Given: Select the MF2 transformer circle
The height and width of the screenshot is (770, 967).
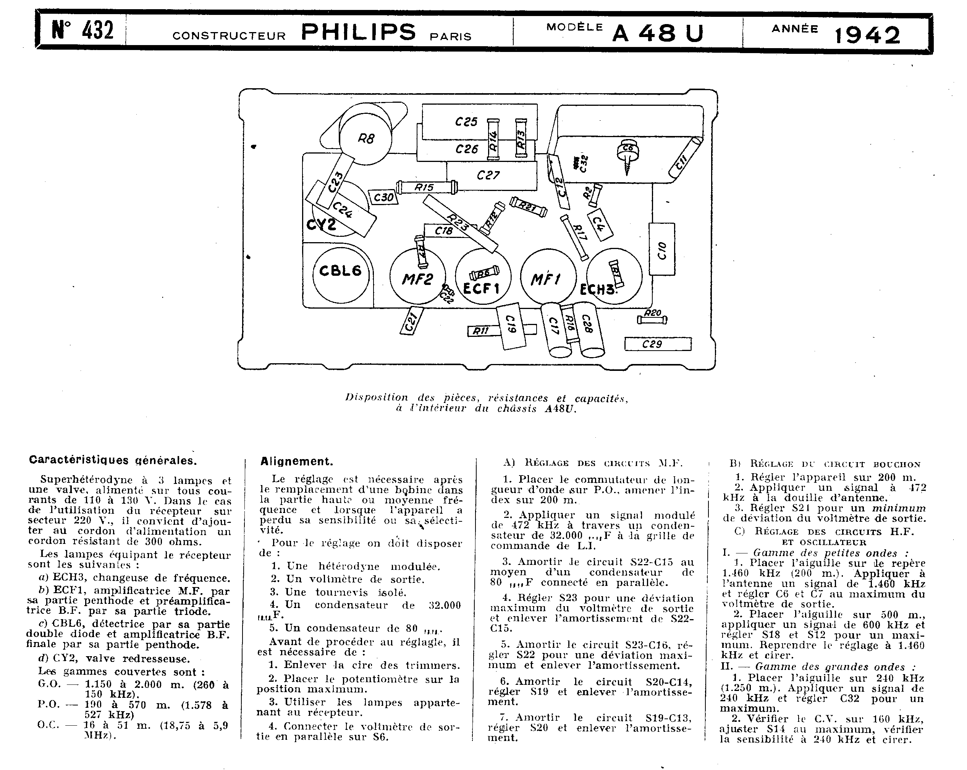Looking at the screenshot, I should [417, 278].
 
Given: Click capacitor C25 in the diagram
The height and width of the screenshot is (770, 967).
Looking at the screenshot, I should [466, 121].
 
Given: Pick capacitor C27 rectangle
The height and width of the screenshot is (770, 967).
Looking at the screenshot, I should [489, 175].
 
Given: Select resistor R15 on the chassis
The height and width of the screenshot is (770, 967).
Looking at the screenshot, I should [427, 187].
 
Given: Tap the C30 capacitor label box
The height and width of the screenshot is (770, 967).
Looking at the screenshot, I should [383, 197].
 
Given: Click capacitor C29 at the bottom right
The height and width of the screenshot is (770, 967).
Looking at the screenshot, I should [658, 344].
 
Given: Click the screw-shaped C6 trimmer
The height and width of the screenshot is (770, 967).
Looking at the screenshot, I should [628, 155].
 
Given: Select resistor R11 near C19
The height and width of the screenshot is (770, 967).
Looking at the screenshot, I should [480, 331].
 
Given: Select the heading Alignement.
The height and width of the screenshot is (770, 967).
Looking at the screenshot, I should [296, 461].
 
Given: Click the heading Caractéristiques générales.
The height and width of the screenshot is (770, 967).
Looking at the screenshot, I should [112, 460].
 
